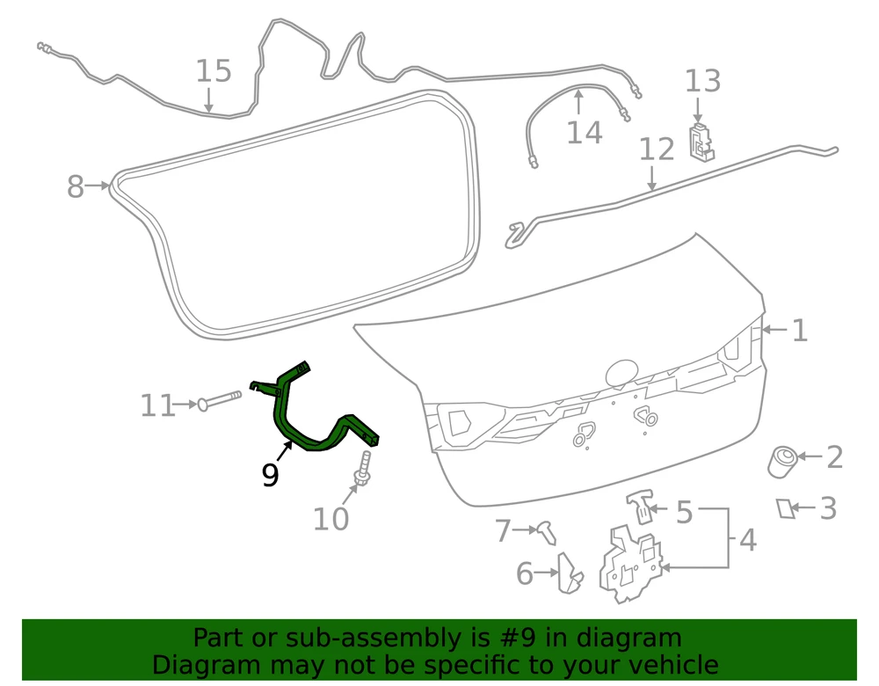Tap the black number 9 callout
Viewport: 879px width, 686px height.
pyautogui.click(x=270, y=475)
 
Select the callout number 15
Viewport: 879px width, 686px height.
pyautogui.click(x=213, y=71)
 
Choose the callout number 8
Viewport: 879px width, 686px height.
pyautogui.click(x=75, y=186)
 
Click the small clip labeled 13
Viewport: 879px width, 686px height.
pyautogui.click(x=701, y=142)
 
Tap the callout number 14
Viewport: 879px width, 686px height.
pyautogui.click(x=585, y=133)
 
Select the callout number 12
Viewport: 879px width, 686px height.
pyautogui.click(x=657, y=150)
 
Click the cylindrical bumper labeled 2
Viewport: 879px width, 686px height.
pyautogui.click(x=782, y=463)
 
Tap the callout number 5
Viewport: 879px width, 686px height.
pyautogui.click(x=684, y=512)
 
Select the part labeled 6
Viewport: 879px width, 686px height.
pyautogui.click(x=570, y=573)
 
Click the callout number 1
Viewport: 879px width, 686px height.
pyautogui.click(x=800, y=331)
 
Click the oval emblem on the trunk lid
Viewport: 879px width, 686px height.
pyautogui.click(x=621, y=373)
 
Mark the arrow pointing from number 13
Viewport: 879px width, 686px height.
pyautogui.click(x=698, y=110)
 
